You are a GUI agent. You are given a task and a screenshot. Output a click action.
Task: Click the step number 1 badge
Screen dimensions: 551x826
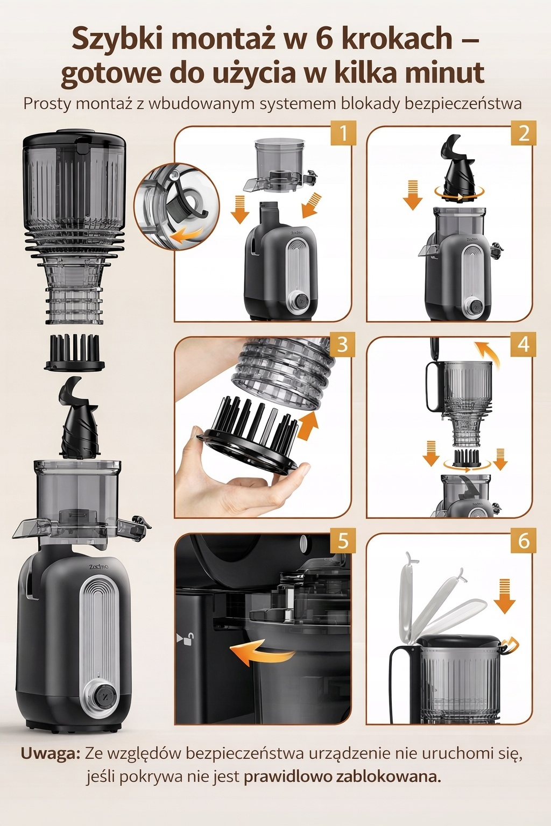[343, 133]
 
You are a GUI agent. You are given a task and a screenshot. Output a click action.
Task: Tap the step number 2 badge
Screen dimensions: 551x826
[524, 133]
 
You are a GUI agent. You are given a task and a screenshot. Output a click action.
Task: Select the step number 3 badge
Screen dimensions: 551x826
[343, 344]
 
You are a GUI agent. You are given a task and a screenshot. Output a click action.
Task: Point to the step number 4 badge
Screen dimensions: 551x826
[524, 344]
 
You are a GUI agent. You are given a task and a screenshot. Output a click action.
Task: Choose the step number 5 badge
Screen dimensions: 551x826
[343, 541]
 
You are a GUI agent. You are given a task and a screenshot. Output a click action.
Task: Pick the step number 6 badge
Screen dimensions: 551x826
[524, 541]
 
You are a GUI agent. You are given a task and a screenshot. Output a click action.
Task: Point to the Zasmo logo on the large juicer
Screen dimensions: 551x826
[98, 566]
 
